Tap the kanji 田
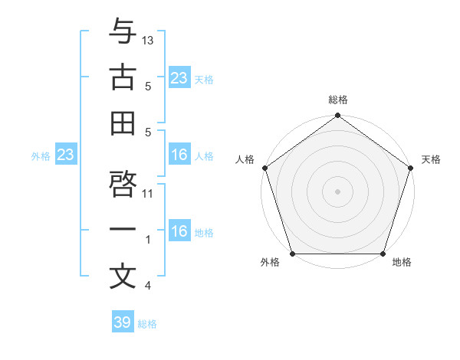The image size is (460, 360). click(123, 123)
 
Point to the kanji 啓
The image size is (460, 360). click(123, 184)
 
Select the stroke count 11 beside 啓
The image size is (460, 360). click(149, 193)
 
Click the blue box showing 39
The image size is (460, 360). click(123, 322)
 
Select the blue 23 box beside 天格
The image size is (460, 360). click(179, 77)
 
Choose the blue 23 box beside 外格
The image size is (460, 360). click(66, 155)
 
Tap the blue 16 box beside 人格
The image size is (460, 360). click(179, 155)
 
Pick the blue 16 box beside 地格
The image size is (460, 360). click(179, 231)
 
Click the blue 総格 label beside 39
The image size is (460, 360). click(147, 324)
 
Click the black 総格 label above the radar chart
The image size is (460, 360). click(338, 100)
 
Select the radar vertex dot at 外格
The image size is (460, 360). click(292, 254)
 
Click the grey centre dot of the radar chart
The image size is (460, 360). click(337, 191)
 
